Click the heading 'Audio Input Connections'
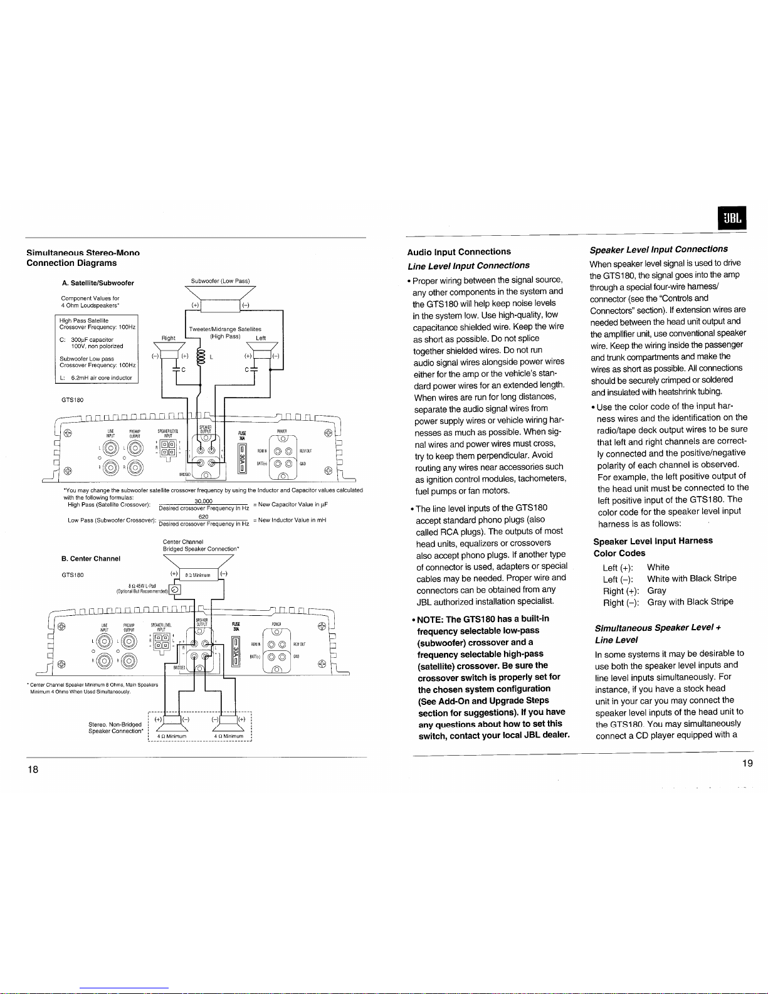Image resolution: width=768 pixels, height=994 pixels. [x=459, y=252]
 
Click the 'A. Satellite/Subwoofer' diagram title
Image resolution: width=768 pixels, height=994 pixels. [x=97, y=283]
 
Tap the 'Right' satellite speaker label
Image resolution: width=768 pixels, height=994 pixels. [x=169, y=338]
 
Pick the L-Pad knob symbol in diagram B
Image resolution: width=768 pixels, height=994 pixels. [x=176, y=588]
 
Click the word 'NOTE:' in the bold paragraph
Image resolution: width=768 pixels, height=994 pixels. [x=431, y=619]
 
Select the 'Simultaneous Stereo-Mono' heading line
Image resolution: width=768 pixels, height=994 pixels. [x=83, y=253]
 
